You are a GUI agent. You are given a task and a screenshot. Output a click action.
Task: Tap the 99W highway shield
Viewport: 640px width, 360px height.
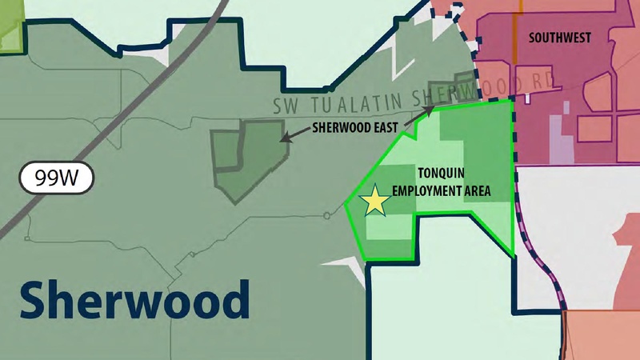58,177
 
